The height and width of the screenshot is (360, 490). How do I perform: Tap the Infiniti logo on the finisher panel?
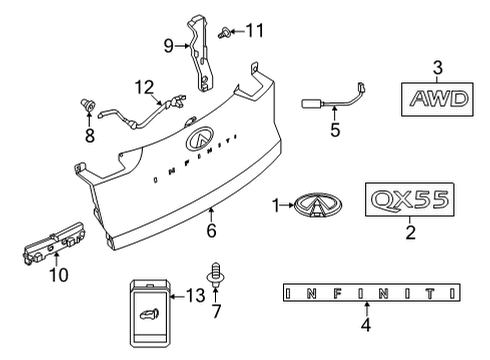201,140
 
